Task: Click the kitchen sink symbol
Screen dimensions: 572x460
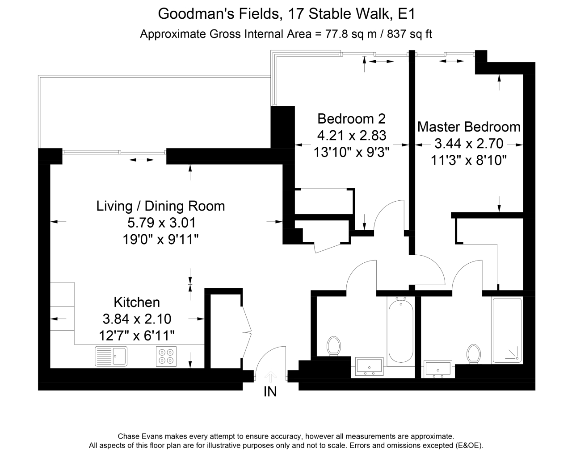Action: point(111,356)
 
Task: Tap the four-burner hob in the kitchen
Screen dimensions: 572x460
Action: point(166,356)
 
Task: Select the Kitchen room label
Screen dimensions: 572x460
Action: point(137,303)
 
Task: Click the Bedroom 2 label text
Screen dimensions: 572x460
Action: point(351,119)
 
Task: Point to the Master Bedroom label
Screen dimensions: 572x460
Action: point(469,127)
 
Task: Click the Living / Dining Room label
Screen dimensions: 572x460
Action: point(160,206)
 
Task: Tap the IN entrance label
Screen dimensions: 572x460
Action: point(270,392)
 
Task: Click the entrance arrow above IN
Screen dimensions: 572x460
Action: point(271,377)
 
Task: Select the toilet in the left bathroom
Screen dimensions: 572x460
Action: point(334,346)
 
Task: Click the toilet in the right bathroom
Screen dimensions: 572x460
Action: point(474,354)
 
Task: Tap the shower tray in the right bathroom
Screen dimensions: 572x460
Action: point(507,330)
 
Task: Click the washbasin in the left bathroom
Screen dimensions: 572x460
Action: point(370,366)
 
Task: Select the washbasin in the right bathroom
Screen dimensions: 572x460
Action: point(438,369)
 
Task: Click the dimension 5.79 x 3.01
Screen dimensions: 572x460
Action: point(162,223)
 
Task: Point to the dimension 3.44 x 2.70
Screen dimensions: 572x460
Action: point(469,144)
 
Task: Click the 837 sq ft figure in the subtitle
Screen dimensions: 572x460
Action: point(410,34)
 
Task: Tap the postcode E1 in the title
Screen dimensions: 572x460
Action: point(406,14)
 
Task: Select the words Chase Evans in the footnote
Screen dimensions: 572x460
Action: point(140,436)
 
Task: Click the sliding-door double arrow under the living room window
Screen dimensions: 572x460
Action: point(142,160)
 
